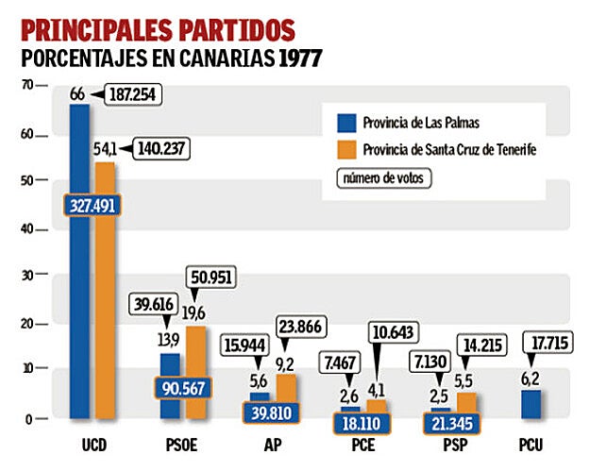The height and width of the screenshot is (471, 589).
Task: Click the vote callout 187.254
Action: [x=133, y=95]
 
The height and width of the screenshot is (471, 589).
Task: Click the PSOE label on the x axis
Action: [x=179, y=446]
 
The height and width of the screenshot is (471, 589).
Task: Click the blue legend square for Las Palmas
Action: [x=345, y=121]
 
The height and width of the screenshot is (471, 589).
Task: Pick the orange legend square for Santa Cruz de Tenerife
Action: [x=345, y=148]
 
